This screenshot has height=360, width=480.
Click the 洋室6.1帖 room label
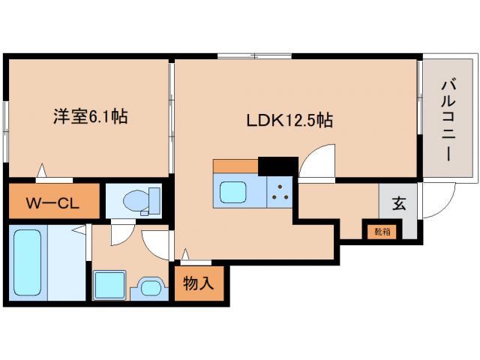tap(89, 117)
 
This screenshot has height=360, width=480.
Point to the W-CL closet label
tap(52, 202)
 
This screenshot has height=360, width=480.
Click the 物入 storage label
tap(199, 283)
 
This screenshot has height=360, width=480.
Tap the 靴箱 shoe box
tap(382, 230)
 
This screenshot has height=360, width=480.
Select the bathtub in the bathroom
tap(26, 262)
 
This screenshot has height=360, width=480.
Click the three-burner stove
tap(280, 193)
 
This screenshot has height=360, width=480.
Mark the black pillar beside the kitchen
tap(277, 165)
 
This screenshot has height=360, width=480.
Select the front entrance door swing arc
tap(439, 202)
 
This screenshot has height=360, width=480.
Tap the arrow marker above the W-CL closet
tap(43, 172)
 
